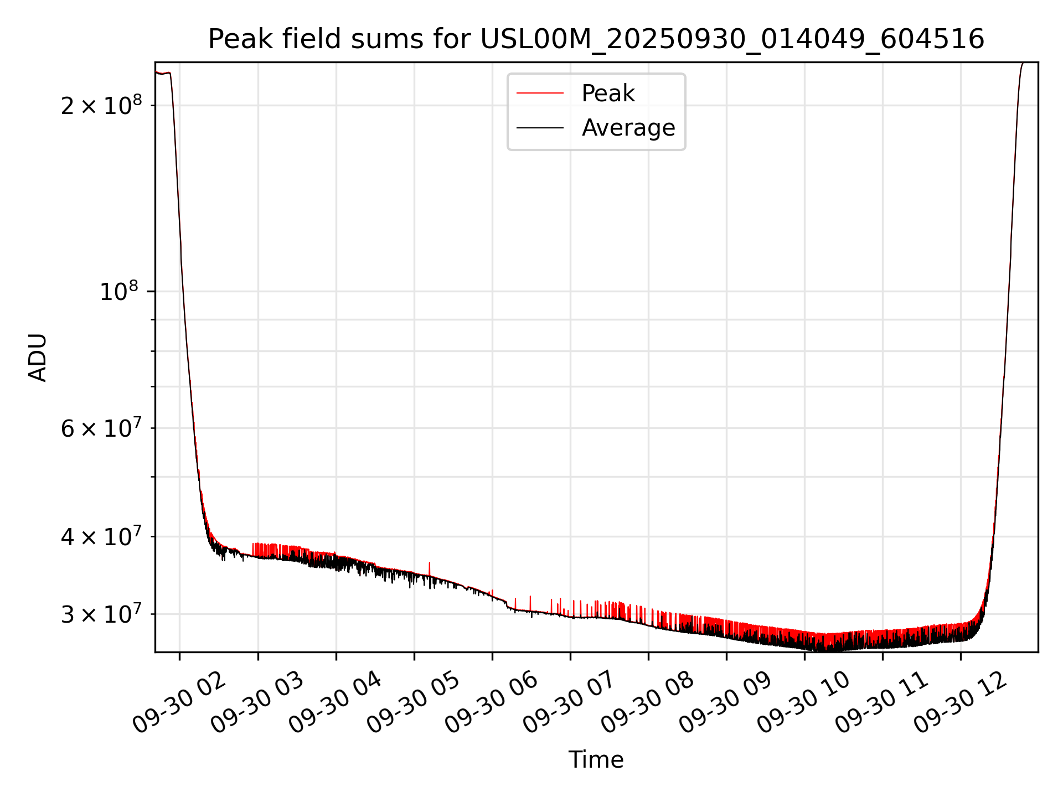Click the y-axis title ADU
[38, 358]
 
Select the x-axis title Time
[596, 760]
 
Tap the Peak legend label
[608, 94]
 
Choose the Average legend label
[628, 128]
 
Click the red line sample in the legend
[540, 94]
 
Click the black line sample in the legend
[540, 128]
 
